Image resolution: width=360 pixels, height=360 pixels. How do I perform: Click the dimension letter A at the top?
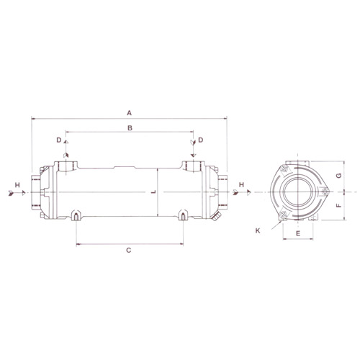pos(129,113)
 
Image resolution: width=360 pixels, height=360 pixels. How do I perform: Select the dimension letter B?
pos(130,128)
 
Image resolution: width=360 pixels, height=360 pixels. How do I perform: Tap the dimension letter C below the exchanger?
pos(129,251)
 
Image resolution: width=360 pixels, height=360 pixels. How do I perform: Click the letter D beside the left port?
pos(59,140)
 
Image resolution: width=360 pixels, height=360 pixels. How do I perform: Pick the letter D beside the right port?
pos(201,140)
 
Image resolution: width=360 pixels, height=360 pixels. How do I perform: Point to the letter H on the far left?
pos(17,185)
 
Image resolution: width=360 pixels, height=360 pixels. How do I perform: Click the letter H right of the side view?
pos(241,184)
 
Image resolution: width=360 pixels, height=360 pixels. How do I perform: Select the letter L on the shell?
pos(154,192)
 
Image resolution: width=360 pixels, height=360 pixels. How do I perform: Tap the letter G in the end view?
pos(338,176)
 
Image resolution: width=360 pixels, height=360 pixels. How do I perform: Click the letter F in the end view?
pos(338,205)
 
